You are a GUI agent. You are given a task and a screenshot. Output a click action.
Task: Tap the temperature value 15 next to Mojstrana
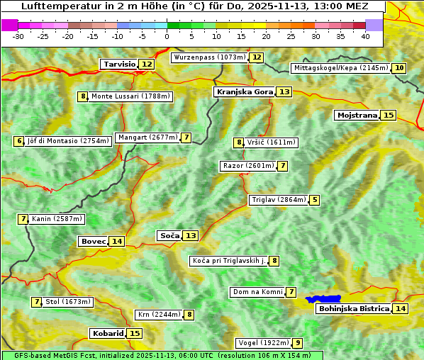click(388, 115)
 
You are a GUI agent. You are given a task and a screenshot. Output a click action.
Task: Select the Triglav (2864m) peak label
click(279, 200)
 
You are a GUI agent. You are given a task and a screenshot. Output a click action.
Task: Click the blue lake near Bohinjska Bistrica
click(324, 299)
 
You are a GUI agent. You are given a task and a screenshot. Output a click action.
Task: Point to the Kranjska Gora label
click(244, 91)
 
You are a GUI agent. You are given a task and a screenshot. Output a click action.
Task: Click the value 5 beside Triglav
click(315, 200)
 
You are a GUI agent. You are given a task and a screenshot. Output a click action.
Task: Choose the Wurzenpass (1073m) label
click(210, 57)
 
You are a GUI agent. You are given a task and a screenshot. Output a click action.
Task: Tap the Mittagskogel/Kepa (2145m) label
click(340, 68)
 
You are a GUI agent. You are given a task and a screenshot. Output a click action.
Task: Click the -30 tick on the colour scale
click(18, 36)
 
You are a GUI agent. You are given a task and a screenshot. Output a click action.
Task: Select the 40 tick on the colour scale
click(365, 36)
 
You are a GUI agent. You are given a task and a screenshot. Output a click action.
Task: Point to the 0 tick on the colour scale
click(167, 36)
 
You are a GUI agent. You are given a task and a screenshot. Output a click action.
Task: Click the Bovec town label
click(93, 241)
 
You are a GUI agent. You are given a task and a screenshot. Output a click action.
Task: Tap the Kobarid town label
click(107, 333)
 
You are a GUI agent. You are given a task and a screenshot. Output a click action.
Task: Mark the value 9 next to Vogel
click(299, 343)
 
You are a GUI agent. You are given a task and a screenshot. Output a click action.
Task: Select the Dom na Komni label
click(257, 292)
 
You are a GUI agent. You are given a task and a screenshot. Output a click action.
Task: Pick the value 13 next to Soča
click(191, 235)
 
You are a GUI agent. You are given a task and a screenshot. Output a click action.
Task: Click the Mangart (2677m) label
click(147, 137)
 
